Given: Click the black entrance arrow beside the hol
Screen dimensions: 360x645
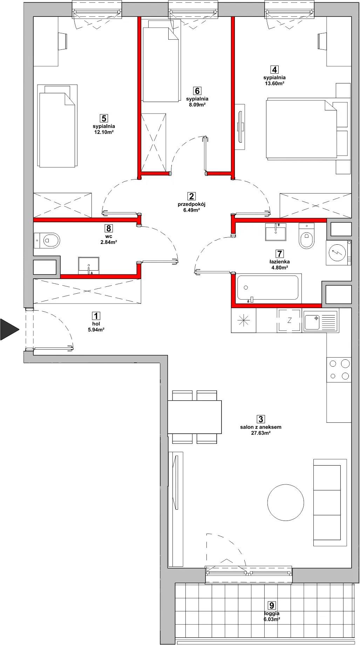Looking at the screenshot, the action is pos(8,329).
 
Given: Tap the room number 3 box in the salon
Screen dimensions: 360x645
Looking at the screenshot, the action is pos(260,419).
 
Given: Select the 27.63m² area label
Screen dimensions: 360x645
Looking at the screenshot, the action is pos(260,433).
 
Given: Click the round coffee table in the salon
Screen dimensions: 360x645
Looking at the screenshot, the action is pos(286,502).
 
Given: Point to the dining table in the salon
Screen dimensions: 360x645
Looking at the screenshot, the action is pos(195,417).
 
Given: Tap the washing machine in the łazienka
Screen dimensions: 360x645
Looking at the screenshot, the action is pos(338,252).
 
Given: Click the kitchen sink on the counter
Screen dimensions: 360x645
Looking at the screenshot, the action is pos(320,321).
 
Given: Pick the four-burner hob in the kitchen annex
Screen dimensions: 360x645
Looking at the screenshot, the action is pos(339,369).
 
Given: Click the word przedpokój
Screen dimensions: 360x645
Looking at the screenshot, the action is pos(191,204).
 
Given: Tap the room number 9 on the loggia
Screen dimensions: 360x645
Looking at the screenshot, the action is pos(271,605).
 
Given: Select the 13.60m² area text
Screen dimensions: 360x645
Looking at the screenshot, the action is pos(274,83).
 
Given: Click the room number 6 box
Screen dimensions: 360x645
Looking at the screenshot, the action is pos(197,91).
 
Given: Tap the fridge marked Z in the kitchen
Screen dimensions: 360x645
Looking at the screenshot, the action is pos(289,320).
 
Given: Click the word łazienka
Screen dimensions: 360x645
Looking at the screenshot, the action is pos(279,262).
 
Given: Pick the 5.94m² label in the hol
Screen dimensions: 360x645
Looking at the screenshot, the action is pos(96,330).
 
